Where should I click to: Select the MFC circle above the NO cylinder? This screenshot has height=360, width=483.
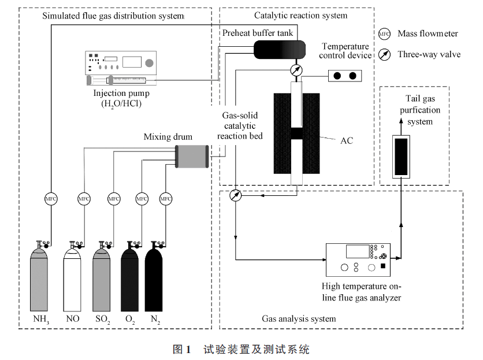84,199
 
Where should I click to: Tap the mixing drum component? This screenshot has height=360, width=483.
192,157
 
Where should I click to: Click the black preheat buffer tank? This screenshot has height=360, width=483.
280,50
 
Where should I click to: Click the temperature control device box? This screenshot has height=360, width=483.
344,76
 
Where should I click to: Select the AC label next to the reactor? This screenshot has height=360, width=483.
346,140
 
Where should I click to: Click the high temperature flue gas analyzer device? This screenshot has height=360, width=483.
358,259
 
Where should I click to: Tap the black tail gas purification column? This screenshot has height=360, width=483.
402,156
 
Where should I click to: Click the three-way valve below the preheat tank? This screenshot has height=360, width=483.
296,70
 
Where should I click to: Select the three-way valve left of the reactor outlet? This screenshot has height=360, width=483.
235,195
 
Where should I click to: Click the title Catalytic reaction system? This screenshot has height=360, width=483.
301,16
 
